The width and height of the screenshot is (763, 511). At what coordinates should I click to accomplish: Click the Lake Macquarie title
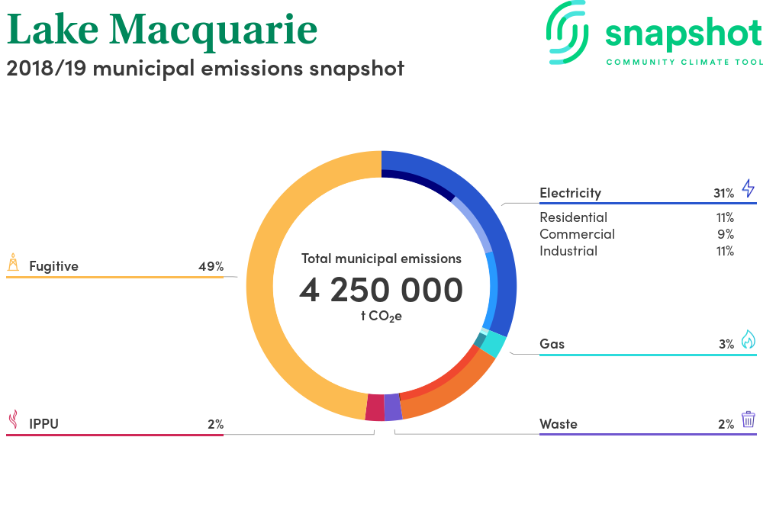pyautogui.click(x=162, y=31)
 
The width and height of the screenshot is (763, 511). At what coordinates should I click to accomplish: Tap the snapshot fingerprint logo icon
pyautogui.click(x=567, y=33)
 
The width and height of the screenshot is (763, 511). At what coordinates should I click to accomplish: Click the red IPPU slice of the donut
pyautogui.click(x=375, y=407)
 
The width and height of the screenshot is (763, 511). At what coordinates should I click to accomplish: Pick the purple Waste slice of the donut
pyautogui.click(x=393, y=407)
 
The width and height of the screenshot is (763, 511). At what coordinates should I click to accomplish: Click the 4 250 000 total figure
pyautogui.click(x=381, y=290)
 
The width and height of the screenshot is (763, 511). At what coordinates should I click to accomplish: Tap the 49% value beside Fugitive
pyautogui.click(x=211, y=266)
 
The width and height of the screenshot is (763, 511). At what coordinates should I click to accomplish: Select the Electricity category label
pyautogui.click(x=570, y=193)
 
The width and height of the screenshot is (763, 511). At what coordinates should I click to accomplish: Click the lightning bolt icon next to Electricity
pyautogui.click(x=749, y=188)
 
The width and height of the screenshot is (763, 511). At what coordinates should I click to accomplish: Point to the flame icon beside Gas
pyautogui.click(x=749, y=339)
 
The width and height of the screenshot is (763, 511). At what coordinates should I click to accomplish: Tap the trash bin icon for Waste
pyautogui.click(x=749, y=419)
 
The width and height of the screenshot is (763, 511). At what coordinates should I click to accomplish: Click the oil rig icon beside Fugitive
pyautogui.click(x=13, y=262)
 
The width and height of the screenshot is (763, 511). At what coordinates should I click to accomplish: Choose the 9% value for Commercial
pyautogui.click(x=726, y=234)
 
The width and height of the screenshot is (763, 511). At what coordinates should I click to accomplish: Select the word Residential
pyautogui.click(x=573, y=217)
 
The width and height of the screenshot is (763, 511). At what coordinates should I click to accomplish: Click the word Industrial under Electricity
pyautogui.click(x=568, y=251)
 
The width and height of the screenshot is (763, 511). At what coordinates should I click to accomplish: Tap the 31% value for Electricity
pyautogui.click(x=723, y=193)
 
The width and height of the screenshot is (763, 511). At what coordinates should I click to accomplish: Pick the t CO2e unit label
pyautogui.click(x=381, y=317)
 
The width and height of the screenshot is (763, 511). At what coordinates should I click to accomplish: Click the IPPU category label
pyautogui.click(x=43, y=424)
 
